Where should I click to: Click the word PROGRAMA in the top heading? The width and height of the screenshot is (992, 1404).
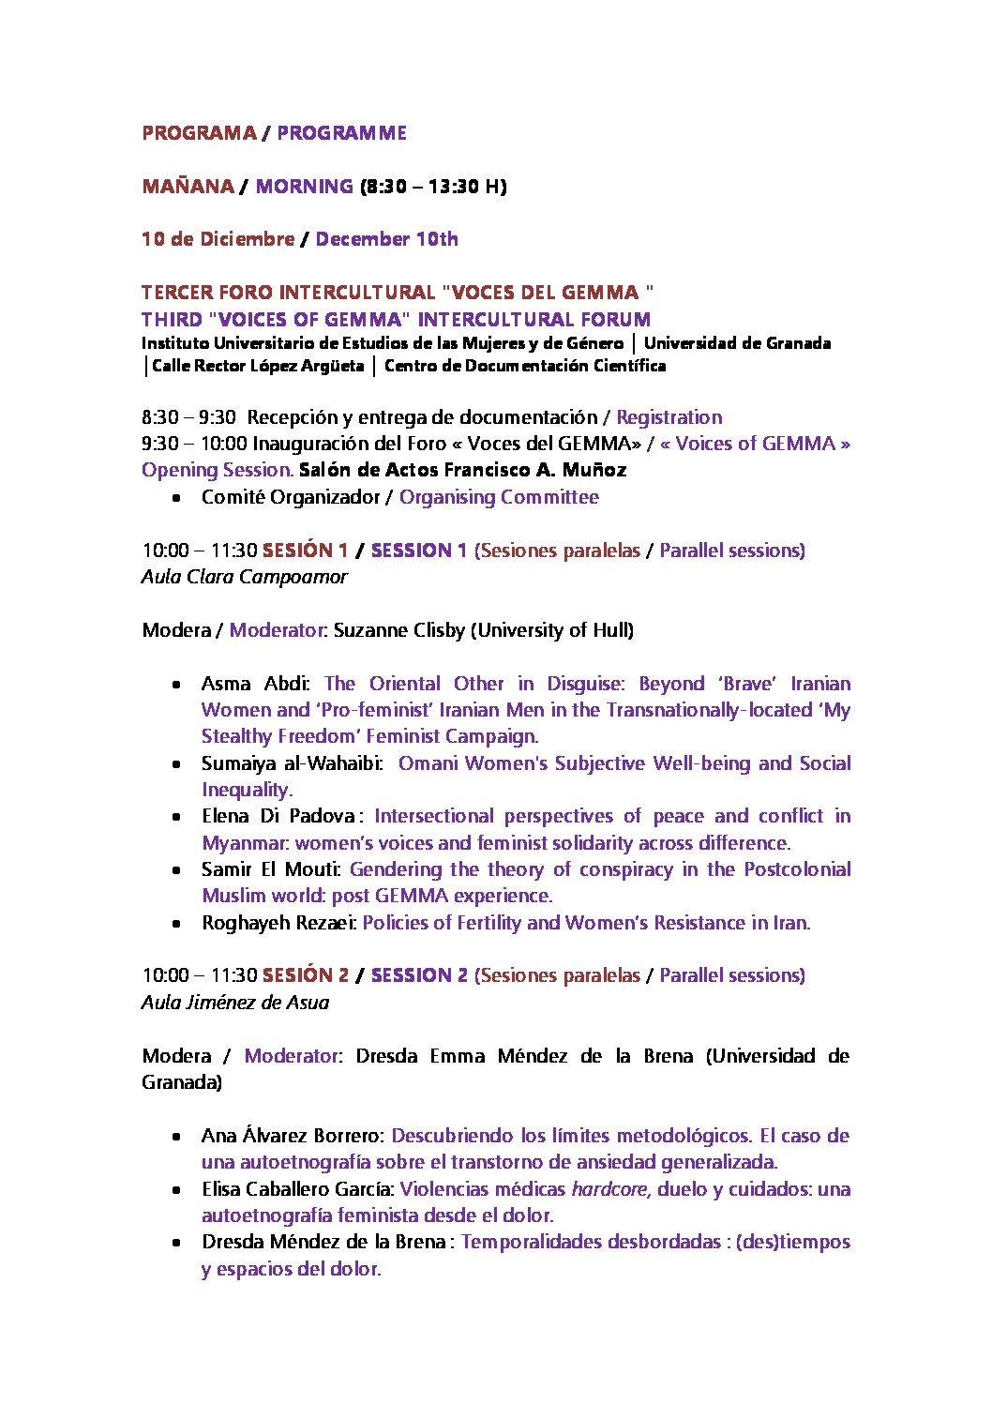pos(199,133)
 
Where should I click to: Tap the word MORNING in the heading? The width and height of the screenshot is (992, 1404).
pos(304,187)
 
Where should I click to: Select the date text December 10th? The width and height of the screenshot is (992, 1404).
pos(386,239)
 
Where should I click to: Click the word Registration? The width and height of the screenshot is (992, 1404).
pos(669,417)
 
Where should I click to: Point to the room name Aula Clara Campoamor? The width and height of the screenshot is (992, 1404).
pos(244,577)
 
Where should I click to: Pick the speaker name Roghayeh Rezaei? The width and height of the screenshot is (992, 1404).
pos(278,923)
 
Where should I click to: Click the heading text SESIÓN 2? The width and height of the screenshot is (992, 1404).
pos(306,975)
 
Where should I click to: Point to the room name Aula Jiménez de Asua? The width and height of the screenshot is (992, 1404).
pos(235,1003)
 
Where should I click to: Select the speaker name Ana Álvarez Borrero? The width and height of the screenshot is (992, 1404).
pos(292,1136)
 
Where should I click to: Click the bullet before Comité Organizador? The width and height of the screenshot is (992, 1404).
pos(176,499)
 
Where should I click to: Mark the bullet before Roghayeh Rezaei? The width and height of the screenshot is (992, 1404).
pos(176,924)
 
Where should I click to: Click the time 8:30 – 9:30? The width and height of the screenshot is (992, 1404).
pos(188,417)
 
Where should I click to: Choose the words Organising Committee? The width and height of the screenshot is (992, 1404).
pos(499,497)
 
